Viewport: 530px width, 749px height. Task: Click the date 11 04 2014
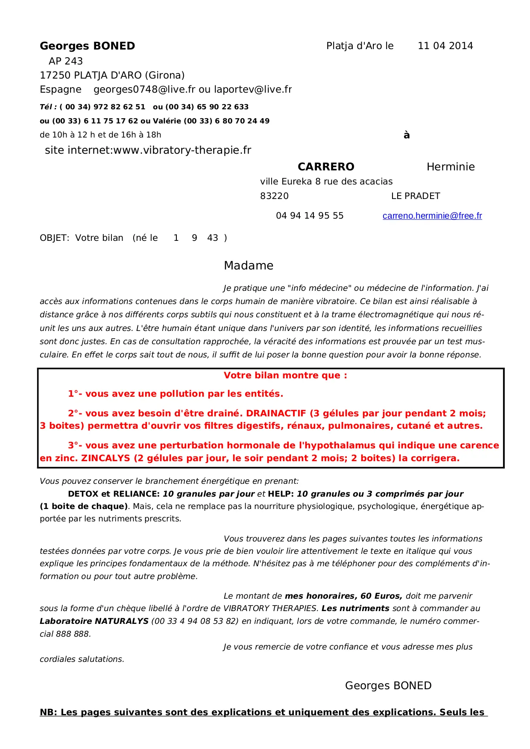445,46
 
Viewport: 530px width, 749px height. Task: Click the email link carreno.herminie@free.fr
432,216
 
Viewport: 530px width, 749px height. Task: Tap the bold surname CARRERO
326,167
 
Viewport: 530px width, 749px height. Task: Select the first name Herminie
451,167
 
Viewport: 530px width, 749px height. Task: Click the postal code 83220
274,196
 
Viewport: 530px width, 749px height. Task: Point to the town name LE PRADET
416,196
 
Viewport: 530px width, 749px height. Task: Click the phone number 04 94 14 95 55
310,216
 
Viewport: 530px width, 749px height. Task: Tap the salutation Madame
249,266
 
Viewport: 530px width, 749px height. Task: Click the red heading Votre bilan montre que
285,375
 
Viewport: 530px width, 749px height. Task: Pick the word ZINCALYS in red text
105,458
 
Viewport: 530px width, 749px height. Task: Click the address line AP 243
66,61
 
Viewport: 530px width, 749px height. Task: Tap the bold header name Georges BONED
88,46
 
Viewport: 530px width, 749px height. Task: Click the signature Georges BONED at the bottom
388,685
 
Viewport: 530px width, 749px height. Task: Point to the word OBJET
54,238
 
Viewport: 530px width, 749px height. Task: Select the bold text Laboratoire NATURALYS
94,621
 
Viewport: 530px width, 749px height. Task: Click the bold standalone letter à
407,135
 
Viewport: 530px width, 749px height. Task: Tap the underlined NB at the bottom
47,712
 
